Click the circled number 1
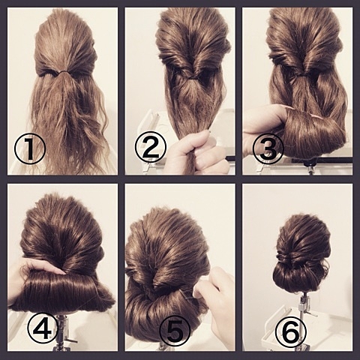(x=30, y=149)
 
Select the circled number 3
(x=268, y=148)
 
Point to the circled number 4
(x=43, y=328)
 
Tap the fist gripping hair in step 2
(x=197, y=152)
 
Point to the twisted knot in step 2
(x=192, y=77)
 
